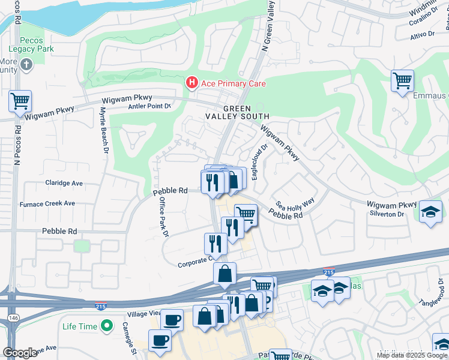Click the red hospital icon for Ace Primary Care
[x=192, y=83]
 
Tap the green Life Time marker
[x=107, y=326]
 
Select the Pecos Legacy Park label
[x=31, y=44]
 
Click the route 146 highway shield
[x=11, y=317]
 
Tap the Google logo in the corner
[x=20, y=353]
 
